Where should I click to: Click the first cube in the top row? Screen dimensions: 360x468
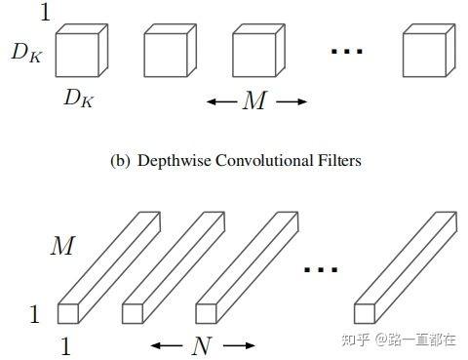click(80, 51)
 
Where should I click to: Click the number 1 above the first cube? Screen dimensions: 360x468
click(44, 13)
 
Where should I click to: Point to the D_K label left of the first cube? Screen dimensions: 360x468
click(26, 54)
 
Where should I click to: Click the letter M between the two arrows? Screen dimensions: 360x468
click(254, 100)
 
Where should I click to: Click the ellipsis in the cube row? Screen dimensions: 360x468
click(346, 53)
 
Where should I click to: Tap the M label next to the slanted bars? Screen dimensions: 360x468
click(61, 248)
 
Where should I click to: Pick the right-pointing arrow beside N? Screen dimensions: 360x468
click(240, 344)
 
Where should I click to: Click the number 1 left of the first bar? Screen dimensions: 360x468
click(34, 314)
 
